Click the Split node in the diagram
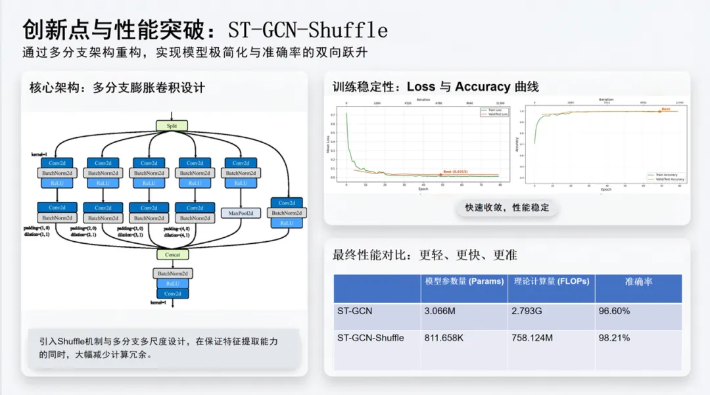click(x=172, y=126)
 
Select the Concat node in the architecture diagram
click(x=172, y=254)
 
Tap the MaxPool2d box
click(x=241, y=213)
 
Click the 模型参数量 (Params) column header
click(x=463, y=281)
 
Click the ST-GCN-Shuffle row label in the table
click(x=370, y=338)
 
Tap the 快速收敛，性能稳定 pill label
click(x=507, y=208)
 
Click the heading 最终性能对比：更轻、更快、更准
click(x=425, y=255)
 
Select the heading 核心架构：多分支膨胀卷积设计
click(x=117, y=87)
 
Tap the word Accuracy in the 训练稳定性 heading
click(x=483, y=87)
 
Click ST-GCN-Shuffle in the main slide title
click(x=308, y=30)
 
